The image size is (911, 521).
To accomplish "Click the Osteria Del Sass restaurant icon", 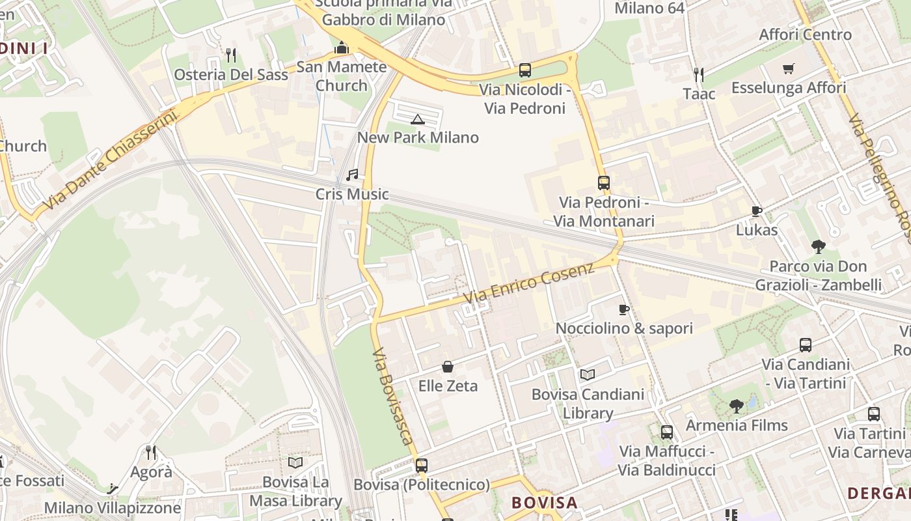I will (230, 55).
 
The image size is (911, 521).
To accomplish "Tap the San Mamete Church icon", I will (342, 48).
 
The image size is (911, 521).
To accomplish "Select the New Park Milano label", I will (418, 137).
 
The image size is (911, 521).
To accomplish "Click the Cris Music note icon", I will (352, 175).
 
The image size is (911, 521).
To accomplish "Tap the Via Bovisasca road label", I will (394, 405).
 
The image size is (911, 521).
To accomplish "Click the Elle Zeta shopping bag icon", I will (448, 367).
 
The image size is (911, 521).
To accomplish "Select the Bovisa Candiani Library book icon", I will (588, 374).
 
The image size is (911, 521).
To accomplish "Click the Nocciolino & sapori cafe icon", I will (624, 309).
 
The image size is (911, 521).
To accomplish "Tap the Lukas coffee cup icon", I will (757, 211).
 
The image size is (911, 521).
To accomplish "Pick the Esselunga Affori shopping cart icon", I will (789, 68).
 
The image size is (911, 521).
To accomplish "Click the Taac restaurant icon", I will (699, 74).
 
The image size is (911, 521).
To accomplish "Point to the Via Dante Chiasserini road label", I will (111, 164).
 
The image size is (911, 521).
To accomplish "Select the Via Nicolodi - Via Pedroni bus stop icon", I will (524, 70).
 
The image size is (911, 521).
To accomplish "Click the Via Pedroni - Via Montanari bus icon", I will (604, 183).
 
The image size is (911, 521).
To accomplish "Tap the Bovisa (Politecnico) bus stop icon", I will (422, 466).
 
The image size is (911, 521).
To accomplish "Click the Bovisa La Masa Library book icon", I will (295, 462).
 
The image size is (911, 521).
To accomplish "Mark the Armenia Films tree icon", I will (737, 406).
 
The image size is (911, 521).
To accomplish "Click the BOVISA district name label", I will (544, 503).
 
